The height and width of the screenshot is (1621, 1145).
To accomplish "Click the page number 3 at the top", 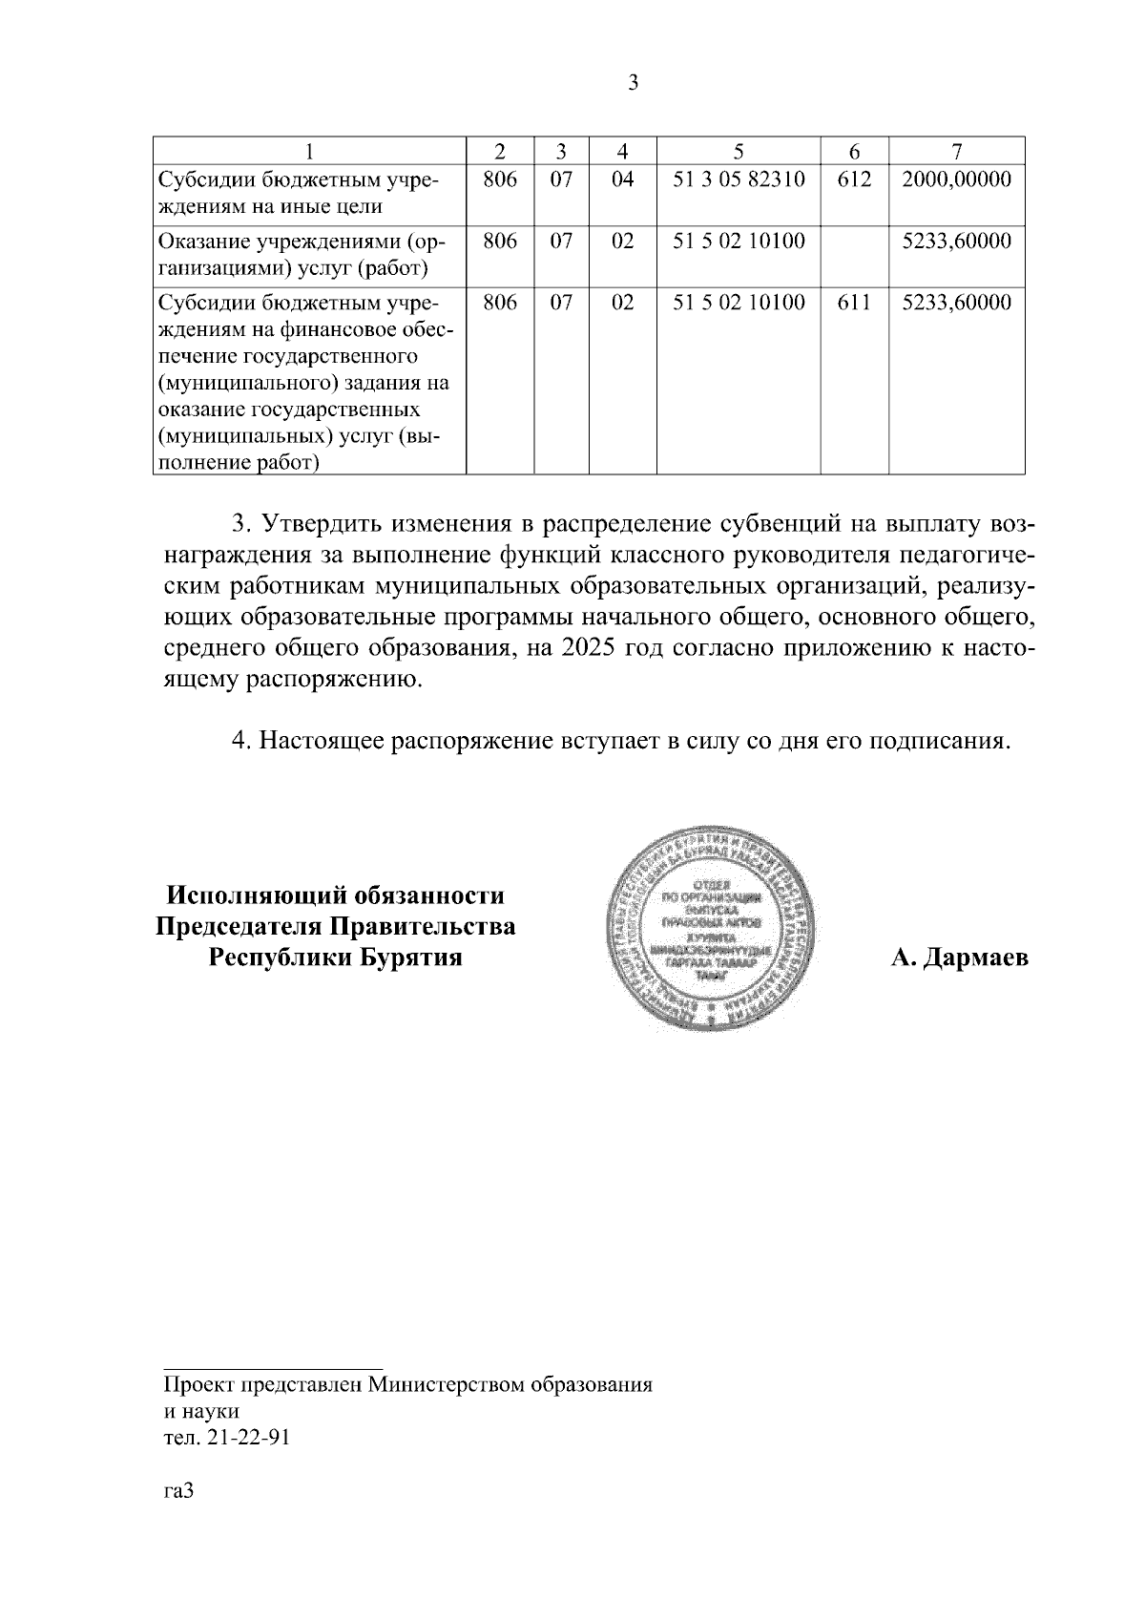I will (634, 84).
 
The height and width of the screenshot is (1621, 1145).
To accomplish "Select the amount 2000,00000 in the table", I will (957, 179).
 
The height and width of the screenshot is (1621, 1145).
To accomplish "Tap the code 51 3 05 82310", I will (739, 179).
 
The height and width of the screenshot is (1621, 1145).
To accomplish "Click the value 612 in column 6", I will (854, 179).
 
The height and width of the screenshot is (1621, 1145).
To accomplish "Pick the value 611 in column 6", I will (854, 303).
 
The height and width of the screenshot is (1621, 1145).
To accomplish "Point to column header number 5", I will (739, 151).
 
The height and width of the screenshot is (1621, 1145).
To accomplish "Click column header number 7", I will (957, 151).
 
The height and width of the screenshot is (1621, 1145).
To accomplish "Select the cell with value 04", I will (622, 179).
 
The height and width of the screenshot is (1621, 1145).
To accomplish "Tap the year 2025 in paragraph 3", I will (589, 649).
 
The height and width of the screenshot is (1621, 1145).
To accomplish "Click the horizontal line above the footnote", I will (273, 1368).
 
